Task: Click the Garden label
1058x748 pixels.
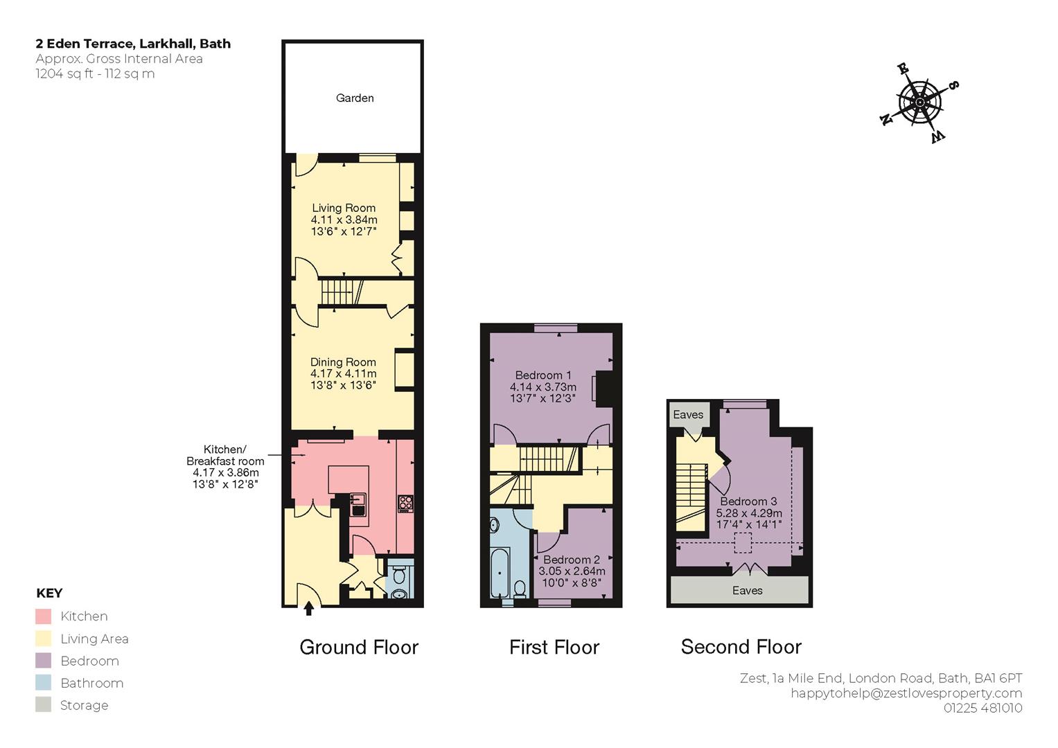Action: click(355, 98)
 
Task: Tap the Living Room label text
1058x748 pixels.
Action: click(344, 208)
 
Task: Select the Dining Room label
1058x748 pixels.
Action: click(344, 362)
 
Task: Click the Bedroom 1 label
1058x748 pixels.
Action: click(543, 375)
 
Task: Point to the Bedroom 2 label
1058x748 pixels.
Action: click(572, 560)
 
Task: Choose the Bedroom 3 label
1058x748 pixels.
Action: click(748, 501)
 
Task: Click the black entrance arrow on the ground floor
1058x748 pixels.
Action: click(308, 608)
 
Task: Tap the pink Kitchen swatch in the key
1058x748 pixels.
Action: click(44, 616)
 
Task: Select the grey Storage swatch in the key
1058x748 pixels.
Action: click(44, 704)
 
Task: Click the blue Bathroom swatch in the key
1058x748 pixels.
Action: click(44, 682)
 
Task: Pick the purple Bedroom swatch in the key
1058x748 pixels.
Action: click(44, 660)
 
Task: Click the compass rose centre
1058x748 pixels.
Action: click(919, 103)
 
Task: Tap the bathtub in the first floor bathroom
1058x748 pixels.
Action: click(500, 572)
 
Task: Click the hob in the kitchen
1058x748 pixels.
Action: click(406, 504)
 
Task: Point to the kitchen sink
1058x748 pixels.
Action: click(358, 504)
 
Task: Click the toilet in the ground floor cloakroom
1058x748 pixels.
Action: click(399, 575)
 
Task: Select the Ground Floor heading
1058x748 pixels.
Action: click(359, 647)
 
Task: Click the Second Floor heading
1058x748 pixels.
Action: click(741, 647)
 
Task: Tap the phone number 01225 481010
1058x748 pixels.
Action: click(983, 708)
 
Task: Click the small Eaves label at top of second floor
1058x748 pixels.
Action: click(688, 415)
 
